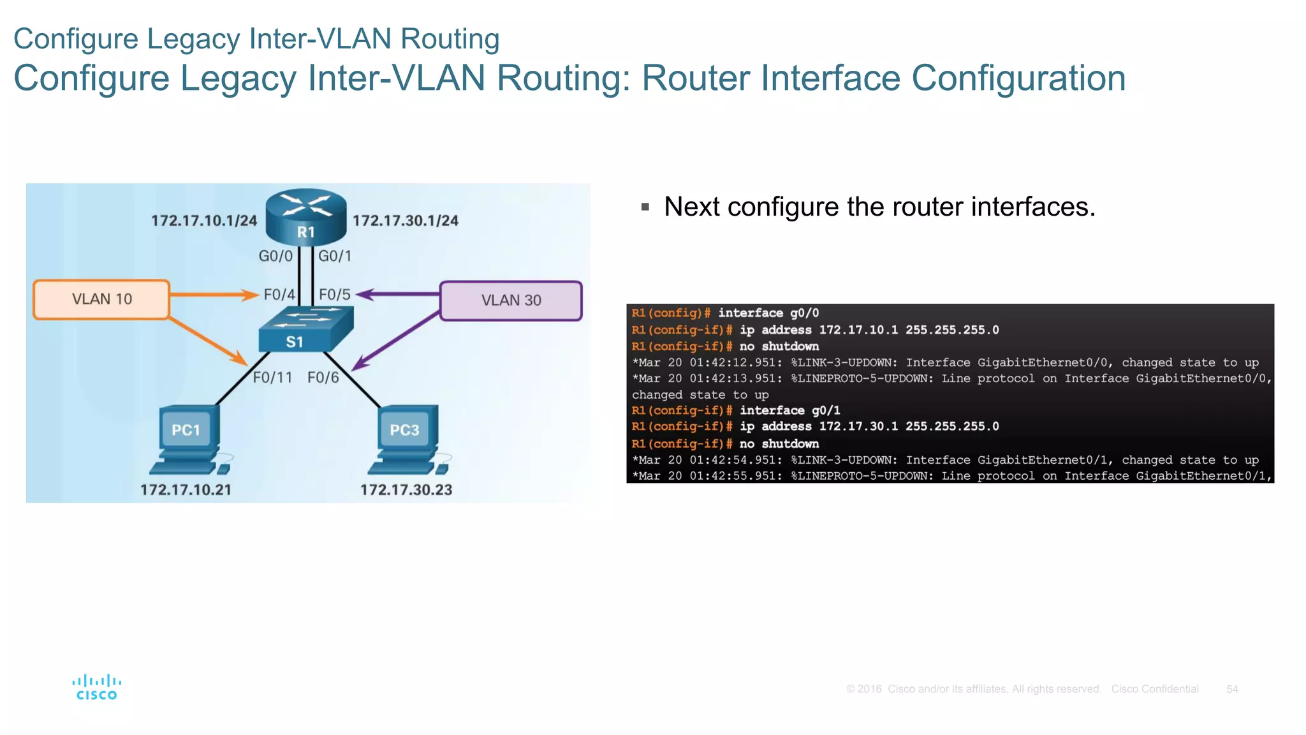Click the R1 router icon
click(306, 217)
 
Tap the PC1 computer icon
click(189, 440)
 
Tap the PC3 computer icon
click(407, 440)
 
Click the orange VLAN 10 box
click(101, 299)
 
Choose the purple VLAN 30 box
click(511, 301)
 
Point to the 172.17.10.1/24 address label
click(204, 221)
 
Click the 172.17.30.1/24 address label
click(406, 221)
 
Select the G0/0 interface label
click(275, 256)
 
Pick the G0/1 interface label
click(335, 256)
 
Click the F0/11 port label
click(272, 378)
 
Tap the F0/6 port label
click(323, 378)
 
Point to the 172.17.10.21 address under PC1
click(186, 490)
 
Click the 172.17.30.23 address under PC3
click(406, 490)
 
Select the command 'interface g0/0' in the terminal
click(768, 313)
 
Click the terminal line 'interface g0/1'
click(789, 410)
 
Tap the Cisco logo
click(97, 687)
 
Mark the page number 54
click(1232, 689)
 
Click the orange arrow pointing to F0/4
click(214, 295)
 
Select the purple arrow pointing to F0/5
click(399, 294)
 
